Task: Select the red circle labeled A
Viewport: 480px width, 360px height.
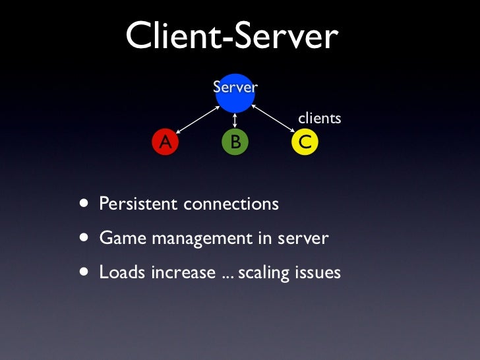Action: pos(165,141)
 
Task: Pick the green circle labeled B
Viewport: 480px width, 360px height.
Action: pos(235,141)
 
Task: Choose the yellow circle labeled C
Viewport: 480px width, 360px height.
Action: pos(305,141)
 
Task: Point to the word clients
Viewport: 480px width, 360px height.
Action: pos(320,119)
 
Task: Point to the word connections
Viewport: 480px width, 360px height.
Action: pos(231,204)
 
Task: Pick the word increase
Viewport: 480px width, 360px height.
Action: pos(183,272)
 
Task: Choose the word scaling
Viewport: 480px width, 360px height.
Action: pos(264,272)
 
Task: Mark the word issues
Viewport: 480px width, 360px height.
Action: pos(318,272)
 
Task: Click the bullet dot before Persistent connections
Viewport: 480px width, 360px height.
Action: pos(84,203)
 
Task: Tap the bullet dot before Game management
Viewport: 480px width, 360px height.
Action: pos(84,237)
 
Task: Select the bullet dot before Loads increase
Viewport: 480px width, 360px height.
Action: pos(84,271)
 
